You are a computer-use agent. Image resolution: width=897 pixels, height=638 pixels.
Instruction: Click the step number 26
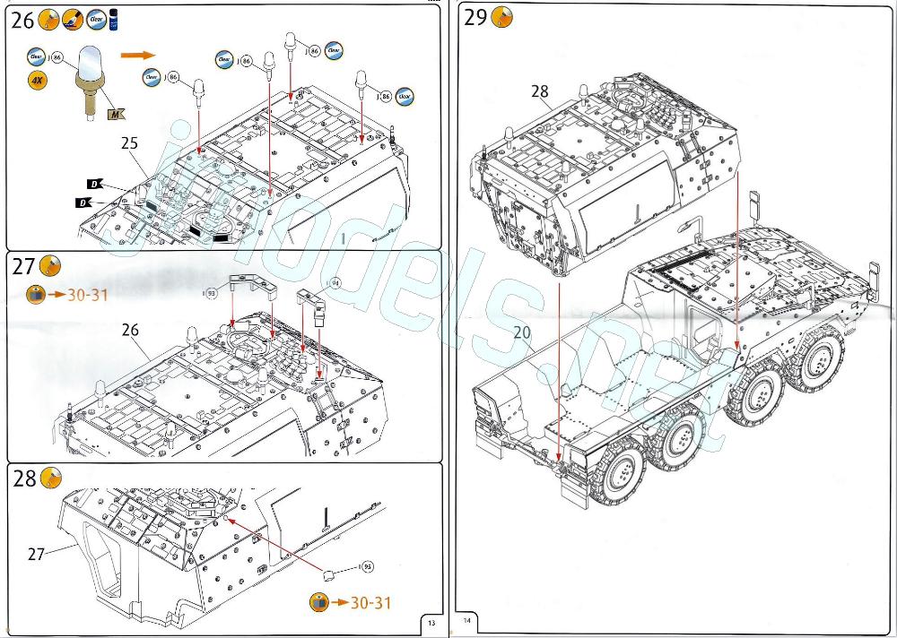coord(22,22)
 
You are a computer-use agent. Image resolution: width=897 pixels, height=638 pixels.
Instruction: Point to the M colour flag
coord(115,113)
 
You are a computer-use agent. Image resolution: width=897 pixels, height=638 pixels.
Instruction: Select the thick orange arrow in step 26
coord(136,55)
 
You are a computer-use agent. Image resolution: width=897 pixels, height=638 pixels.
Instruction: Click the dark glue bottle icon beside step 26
coord(114,20)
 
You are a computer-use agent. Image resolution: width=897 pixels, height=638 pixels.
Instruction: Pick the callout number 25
coord(129,142)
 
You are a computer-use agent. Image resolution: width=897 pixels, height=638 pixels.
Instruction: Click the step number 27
coord(22,267)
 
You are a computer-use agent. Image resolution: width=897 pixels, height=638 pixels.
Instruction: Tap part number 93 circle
coord(212,292)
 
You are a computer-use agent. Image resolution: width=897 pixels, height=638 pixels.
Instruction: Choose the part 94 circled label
coord(335,284)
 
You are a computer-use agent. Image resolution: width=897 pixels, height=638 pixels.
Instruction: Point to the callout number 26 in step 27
coord(131,330)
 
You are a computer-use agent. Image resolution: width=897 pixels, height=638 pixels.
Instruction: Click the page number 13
coord(431,623)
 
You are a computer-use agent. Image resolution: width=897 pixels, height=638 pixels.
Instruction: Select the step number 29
coord(476,18)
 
